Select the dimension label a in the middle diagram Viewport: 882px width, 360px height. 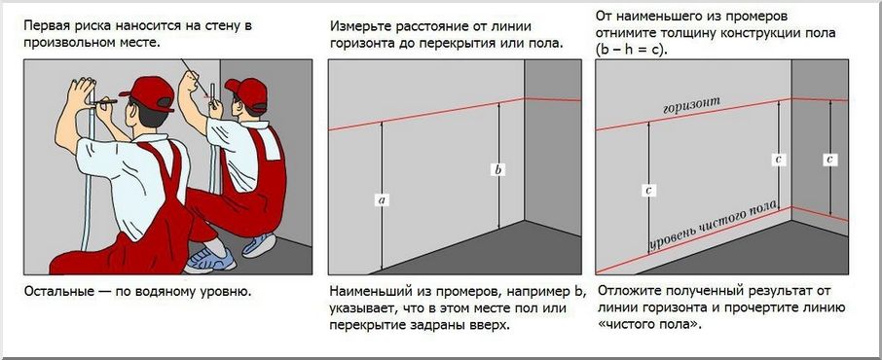[x=382, y=200]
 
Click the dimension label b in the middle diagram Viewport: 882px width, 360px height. [x=498, y=170]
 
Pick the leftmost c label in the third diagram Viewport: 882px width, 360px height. [x=648, y=191]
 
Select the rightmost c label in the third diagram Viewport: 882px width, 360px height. [x=828, y=159]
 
